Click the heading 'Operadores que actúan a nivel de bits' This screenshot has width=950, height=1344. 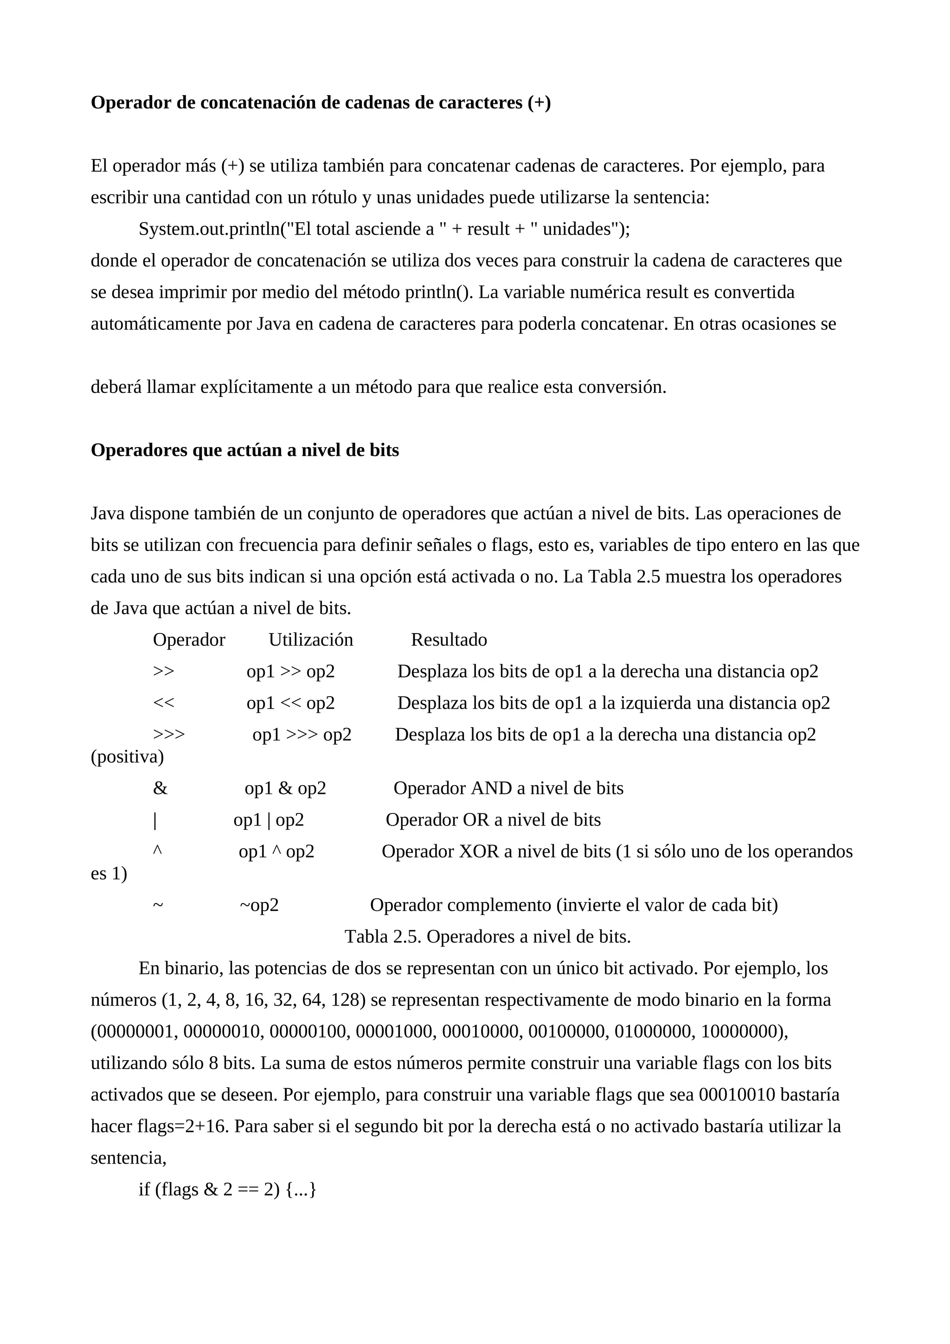[244, 450]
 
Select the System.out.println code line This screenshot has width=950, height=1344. [384, 229]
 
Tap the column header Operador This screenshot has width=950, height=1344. [189, 640]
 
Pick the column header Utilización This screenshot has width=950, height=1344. [311, 640]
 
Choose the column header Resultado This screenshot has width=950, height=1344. [449, 640]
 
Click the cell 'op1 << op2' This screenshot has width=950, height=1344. [290, 703]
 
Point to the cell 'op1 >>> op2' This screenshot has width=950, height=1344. [302, 735]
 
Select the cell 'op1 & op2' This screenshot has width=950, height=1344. [285, 788]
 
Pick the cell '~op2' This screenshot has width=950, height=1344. [259, 906]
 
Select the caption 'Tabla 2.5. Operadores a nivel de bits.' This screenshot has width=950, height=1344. [488, 937]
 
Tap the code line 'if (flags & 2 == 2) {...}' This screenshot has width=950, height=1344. [227, 1190]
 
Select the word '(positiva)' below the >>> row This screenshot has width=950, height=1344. [127, 757]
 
